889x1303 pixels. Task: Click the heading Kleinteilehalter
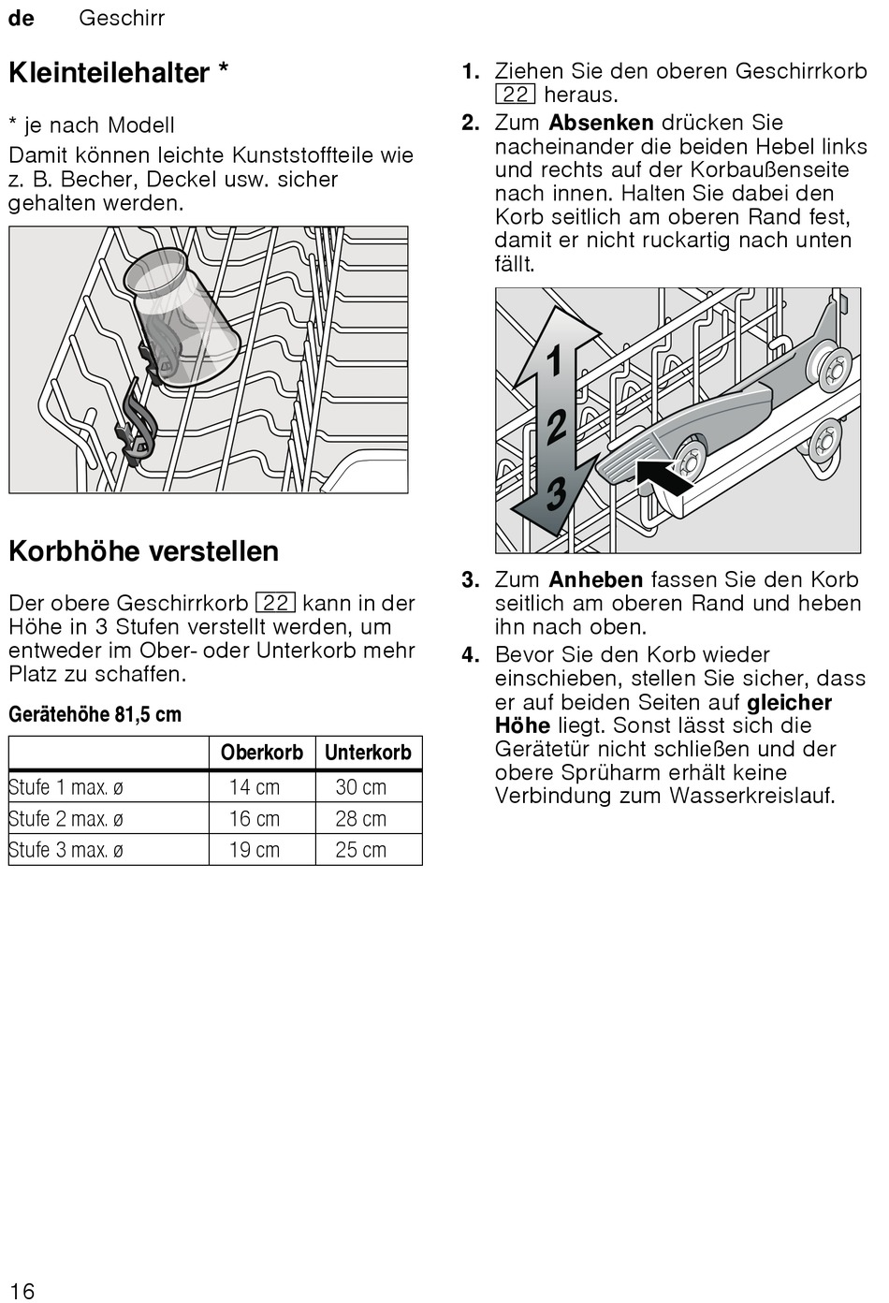point(109,73)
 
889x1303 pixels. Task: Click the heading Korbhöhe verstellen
point(143,550)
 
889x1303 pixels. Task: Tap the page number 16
point(22,1290)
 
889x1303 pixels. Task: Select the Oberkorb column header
point(262,753)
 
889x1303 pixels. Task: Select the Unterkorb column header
point(368,753)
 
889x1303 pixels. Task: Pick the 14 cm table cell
point(255,787)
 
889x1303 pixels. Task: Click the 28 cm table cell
point(360,819)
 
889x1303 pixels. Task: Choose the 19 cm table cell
point(255,850)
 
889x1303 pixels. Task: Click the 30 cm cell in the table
point(360,787)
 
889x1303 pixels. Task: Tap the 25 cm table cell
point(360,850)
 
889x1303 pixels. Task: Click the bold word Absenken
point(601,123)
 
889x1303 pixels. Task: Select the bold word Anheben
point(595,579)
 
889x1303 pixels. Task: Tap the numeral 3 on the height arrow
point(556,493)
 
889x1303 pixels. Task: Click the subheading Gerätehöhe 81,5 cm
point(95,714)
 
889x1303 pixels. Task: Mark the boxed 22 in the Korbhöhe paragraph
point(275,604)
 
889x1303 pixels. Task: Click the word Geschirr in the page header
point(122,18)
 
